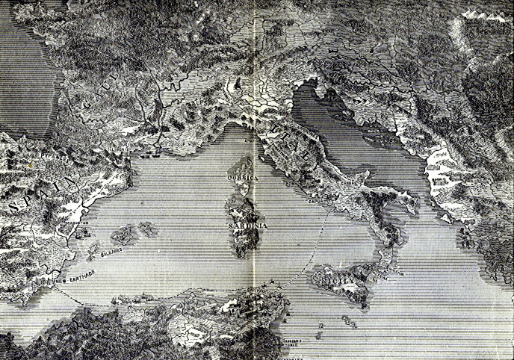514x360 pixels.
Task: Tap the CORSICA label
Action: tap(244, 180)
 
